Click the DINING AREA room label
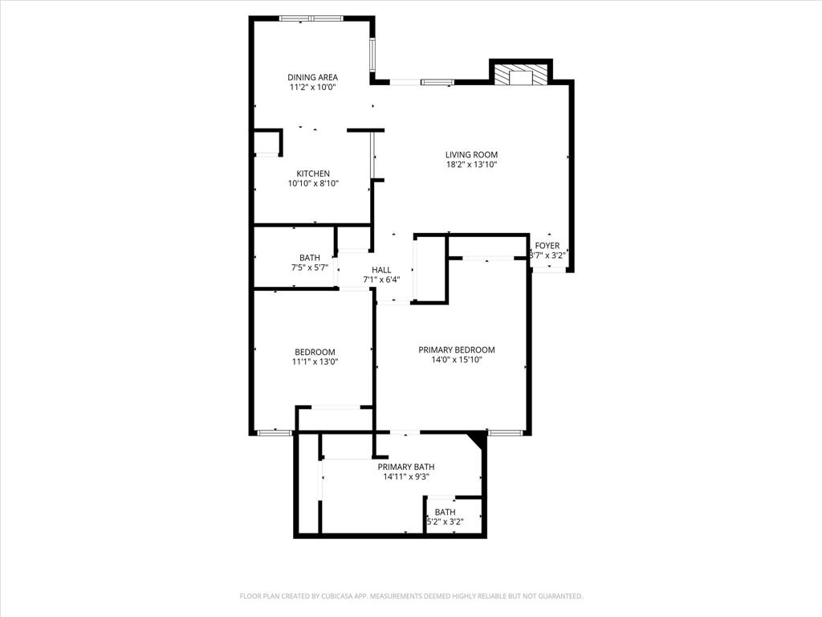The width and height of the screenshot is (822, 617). [313, 77]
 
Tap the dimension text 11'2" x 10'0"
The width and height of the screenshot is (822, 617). [313, 88]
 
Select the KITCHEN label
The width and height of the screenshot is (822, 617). [313, 174]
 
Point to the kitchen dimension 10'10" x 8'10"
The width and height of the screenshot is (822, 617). [313, 184]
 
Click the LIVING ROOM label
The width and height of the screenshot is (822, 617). [472, 154]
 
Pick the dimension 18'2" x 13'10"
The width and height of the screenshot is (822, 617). [472, 165]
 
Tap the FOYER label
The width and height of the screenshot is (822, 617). [547, 246]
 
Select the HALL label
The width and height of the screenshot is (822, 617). [381, 270]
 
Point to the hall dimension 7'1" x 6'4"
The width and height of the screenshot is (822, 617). [381, 280]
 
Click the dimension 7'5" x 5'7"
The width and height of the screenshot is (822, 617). [310, 268]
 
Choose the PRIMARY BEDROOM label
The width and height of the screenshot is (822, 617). [457, 349]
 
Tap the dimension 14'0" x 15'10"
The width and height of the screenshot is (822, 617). [457, 360]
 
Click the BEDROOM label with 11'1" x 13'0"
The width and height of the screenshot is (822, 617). [315, 352]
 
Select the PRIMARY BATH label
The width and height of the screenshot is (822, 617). [407, 467]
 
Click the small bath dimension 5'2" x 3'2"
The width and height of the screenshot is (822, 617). [445, 522]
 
